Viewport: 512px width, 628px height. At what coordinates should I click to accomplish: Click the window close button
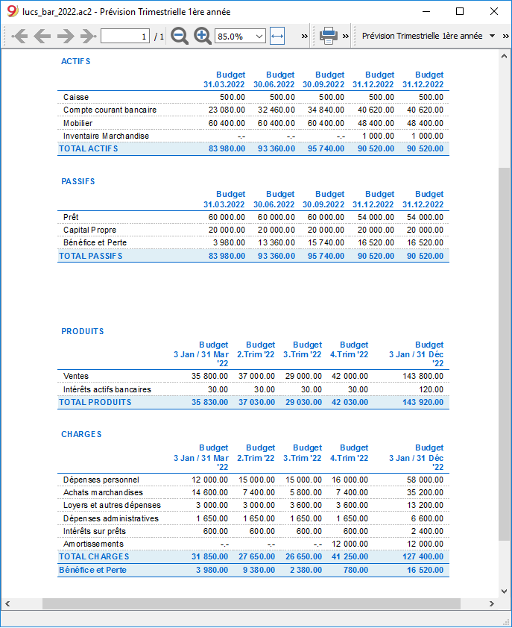coord(494,12)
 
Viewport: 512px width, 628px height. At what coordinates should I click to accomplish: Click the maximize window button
coord(460,12)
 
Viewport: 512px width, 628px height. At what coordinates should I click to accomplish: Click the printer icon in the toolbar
coord(328,36)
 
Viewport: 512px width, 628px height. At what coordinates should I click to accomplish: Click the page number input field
coord(124,36)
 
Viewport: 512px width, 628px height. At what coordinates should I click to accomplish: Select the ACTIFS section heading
coord(75,61)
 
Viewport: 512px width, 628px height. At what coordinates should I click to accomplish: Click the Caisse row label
coord(75,97)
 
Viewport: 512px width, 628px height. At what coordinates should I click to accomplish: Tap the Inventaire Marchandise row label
coord(106,136)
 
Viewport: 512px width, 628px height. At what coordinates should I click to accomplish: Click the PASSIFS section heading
coord(78,181)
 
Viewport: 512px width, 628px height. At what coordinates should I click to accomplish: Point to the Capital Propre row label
coord(89,230)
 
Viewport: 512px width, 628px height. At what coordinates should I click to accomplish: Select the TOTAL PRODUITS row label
coord(95,402)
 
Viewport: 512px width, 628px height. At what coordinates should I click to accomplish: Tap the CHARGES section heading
coord(81,434)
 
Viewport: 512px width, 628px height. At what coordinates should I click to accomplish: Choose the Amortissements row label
coord(93,544)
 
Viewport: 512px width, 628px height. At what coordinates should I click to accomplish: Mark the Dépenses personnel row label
coord(101,480)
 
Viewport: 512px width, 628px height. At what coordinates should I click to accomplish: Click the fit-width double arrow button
coord(277,36)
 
